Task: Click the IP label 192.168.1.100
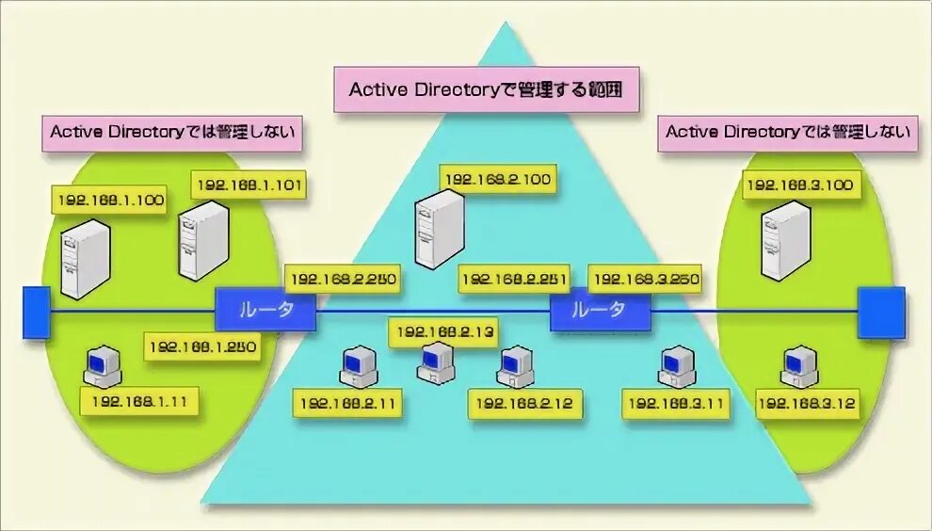[x=111, y=200]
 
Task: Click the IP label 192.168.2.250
[x=345, y=279]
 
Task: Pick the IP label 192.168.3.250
[x=645, y=279]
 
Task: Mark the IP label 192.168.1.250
[x=201, y=346]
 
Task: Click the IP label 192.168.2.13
[x=444, y=331]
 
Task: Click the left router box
[x=265, y=310]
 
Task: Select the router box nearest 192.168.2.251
[x=599, y=310]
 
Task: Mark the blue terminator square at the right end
[x=881, y=313]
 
